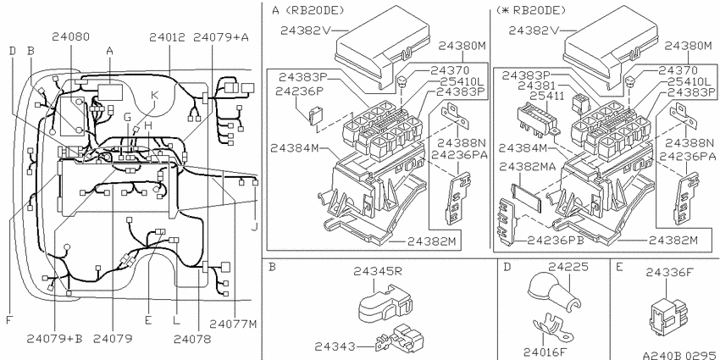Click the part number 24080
pos(70,36)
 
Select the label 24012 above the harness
pos(167,37)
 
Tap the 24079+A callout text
pos(221,37)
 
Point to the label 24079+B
pos(54,339)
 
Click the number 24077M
pos(233,324)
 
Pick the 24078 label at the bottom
pos(192,339)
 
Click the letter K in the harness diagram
pos(155,95)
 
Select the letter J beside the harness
pos(254,226)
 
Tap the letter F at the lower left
pos(8,319)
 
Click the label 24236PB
pos(555,241)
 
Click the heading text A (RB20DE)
pos(308,10)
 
